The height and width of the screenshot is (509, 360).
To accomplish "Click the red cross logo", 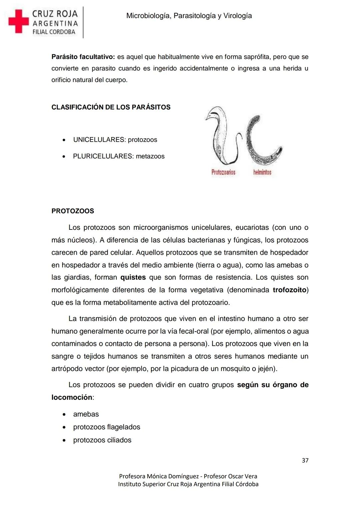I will click(x=19, y=21).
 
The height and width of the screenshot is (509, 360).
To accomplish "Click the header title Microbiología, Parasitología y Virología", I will click(x=189, y=16).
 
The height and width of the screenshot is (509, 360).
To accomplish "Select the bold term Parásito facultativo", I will click(x=83, y=57).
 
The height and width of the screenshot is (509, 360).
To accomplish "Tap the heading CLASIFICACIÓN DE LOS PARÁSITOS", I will click(x=111, y=107).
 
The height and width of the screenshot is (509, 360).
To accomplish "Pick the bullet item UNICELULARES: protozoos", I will click(x=115, y=140).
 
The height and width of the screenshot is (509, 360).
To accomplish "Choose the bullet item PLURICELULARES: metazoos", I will click(x=119, y=156).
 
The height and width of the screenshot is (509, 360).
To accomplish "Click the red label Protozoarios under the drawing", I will click(x=223, y=172).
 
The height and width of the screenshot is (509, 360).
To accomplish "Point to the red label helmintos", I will click(x=262, y=172).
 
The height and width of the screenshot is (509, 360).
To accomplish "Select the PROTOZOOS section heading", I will click(x=73, y=211).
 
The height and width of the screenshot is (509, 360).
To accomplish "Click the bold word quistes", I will click(x=133, y=277).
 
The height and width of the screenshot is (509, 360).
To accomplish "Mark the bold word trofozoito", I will click(x=289, y=290).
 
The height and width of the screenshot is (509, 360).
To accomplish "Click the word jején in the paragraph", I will click(x=266, y=369).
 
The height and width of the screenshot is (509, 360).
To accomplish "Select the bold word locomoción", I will click(x=72, y=397).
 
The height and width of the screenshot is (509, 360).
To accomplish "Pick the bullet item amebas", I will click(x=86, y=414).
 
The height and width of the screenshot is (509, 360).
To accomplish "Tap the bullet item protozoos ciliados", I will click(x=102, y=440).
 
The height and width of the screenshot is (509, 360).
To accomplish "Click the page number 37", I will click(x=305, y=460).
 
